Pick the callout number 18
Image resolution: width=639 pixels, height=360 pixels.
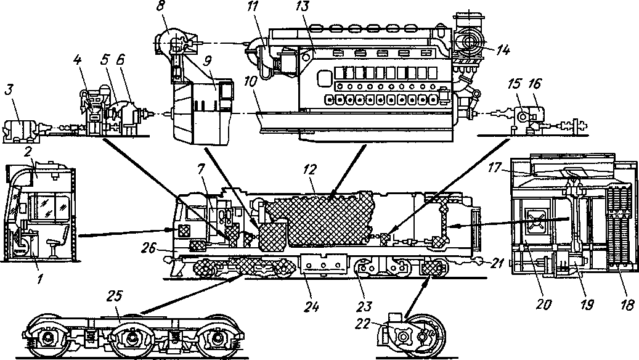coord(625,303)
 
